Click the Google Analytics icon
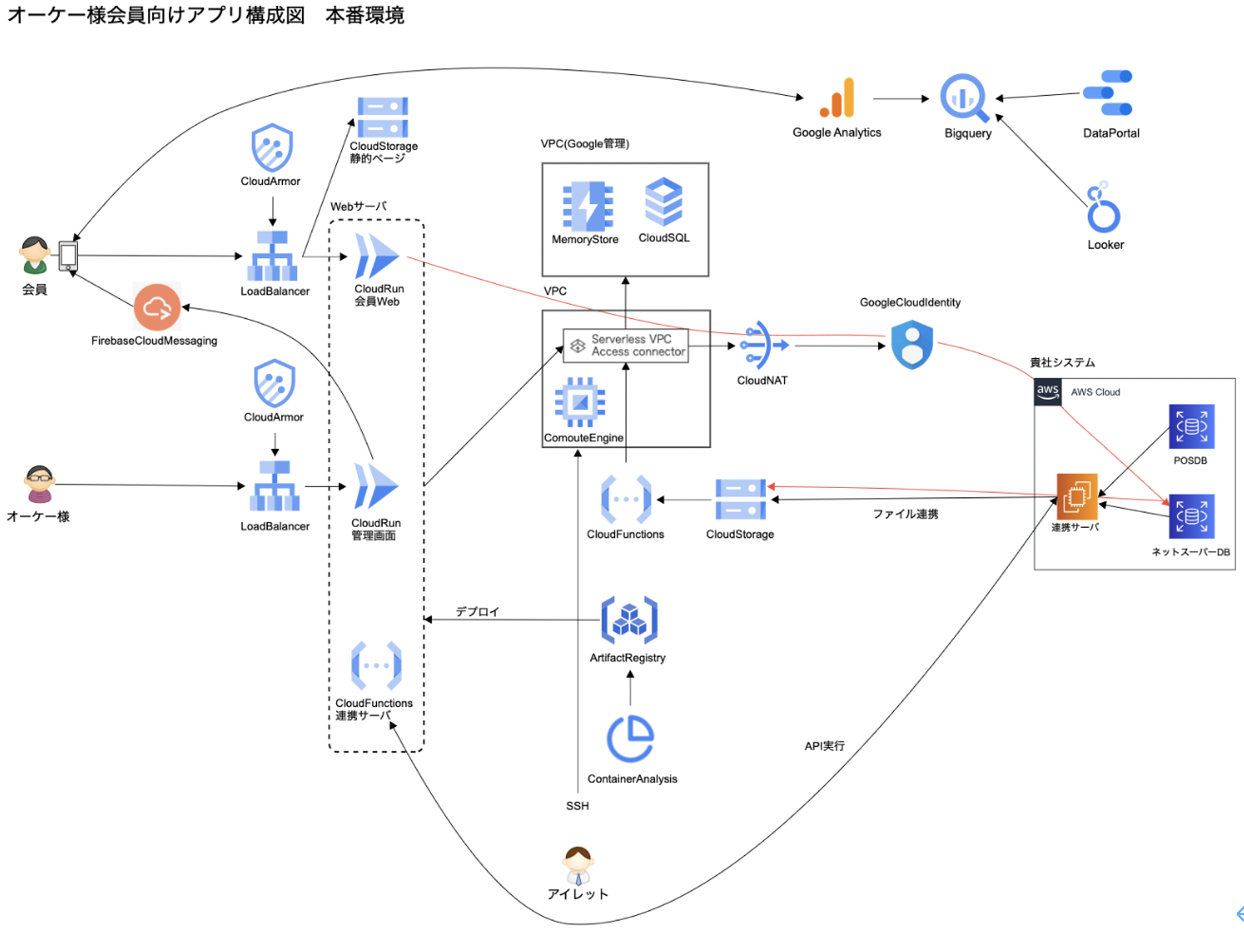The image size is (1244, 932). pyautogui.click(x=837, y=98)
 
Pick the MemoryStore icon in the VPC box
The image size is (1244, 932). pyautogui.click(x=587, y=206)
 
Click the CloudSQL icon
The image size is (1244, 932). pyautogui.click(x=663, y=202)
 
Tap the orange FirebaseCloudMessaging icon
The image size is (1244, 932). pyautogui.click(x=157, y=307)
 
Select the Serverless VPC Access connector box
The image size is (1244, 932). pyautogui.click(x=626, y=345)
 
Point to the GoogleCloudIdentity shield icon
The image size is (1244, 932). pyautogui.click(x=912, y=345)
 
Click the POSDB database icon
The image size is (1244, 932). pyautogui.click(x=1191, y=427)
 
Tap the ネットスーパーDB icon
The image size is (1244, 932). pyautogui.click(x=1191, y=517)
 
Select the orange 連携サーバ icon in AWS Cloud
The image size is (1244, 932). pyautogui.click(x=1077, y=496)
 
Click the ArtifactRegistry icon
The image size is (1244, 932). pyautogui.click(x=629, y=620)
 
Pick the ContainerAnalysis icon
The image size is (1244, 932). pyautogui.click(x=630, y=739)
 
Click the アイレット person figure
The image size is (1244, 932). pyautogui.click(x=578, y=865)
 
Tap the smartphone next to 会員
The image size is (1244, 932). pyautogui.click(x=68, y=255)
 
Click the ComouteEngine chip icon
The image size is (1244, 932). pyautogui.click(x=580, y=402)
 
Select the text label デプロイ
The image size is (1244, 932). pyautogui.click(x=477, y=612)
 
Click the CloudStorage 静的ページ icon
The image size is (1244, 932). pyautogui.click(x=382, y=117)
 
